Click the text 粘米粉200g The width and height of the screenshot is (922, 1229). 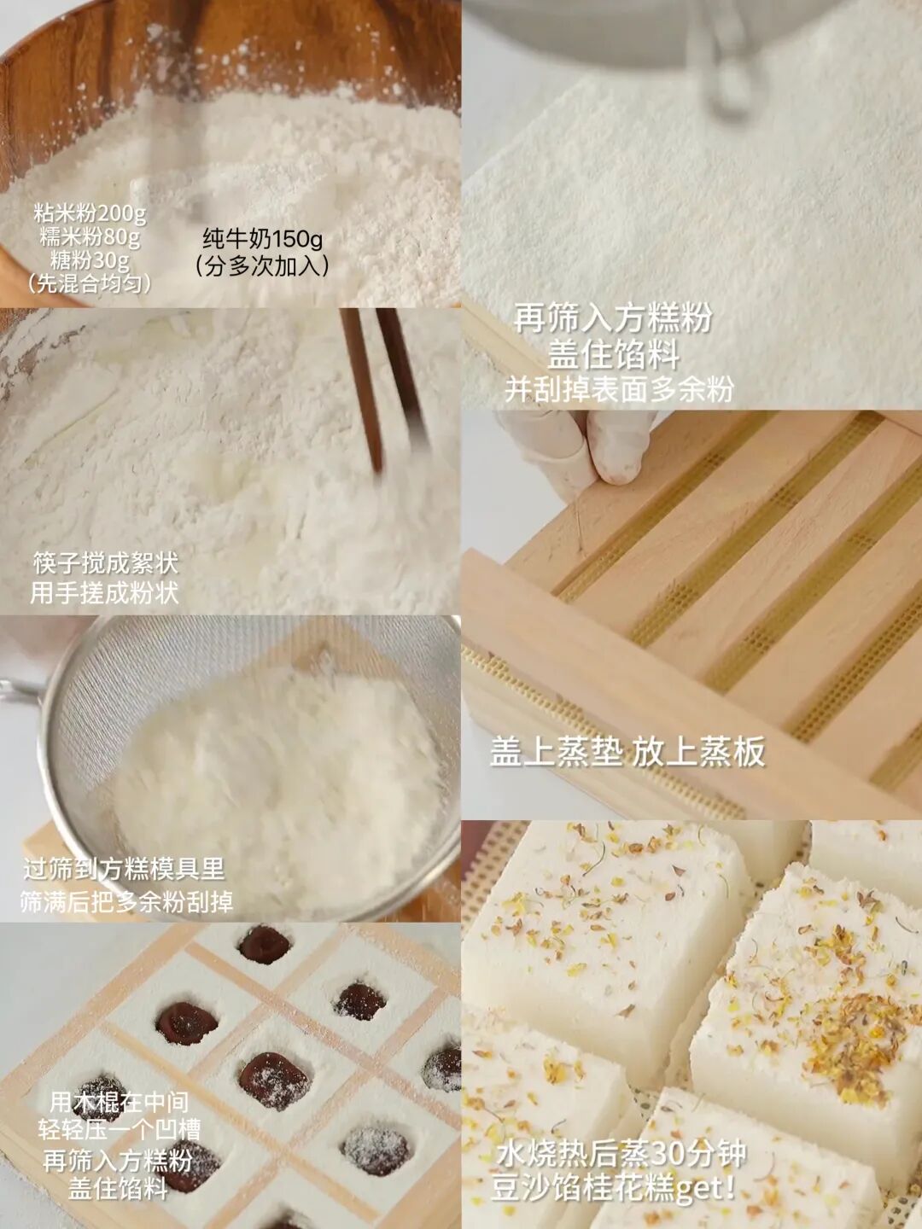[x=90, y=213]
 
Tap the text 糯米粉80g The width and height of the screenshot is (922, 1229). [x=90, y=236]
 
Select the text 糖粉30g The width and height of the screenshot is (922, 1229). [x=90, y=259]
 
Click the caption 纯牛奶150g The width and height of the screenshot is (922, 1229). [x=263, y=239]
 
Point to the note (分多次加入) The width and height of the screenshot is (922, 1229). [x=263, y=266]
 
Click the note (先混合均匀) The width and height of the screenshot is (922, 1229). [x=90, y=283]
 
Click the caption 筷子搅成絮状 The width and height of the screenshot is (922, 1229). [x=106, y=563]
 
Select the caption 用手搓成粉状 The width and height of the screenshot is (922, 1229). [x=104, y=592]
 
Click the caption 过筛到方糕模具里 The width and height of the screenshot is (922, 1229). [x=124, y=869]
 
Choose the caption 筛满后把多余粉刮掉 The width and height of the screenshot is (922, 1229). [x=126, y=901]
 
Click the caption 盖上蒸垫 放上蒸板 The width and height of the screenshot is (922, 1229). [x=627, y=752]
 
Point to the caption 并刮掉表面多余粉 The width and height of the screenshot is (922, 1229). [x=619, y=389]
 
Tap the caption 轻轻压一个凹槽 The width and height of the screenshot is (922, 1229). [x=119, y=1130]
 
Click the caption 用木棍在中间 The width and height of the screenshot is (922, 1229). [x=119, y=1102]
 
